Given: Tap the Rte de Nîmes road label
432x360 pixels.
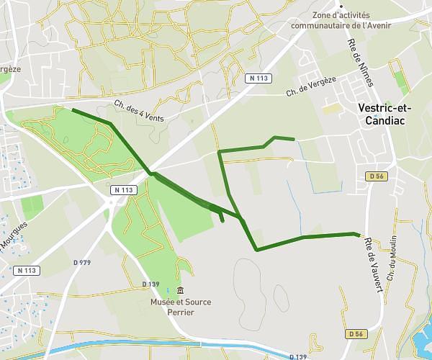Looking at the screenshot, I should coord(361,63).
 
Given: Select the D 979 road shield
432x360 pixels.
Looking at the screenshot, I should coord(83,262).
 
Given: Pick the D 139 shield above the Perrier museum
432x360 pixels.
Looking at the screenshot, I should coord(150,284).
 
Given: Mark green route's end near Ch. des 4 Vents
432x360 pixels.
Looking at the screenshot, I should coord(73,109).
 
